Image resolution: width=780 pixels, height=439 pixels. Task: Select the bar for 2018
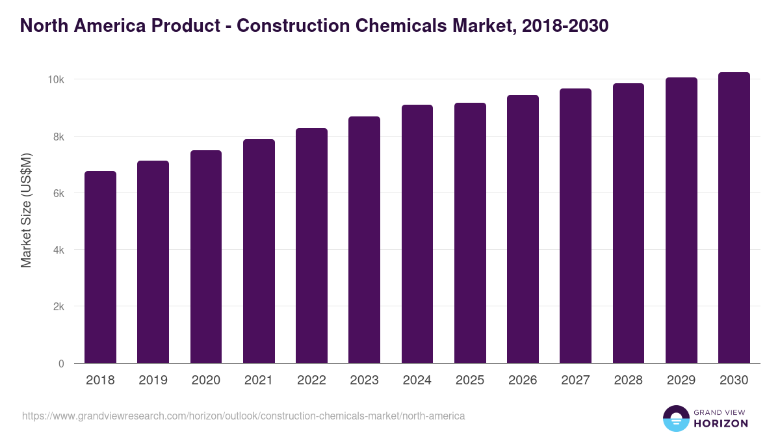[x=100, y=267]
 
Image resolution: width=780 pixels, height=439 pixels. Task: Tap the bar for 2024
[x=417, y=234]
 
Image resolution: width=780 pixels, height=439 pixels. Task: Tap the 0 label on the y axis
[x=61, y=364]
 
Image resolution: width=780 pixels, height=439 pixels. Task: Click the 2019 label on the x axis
[x=153, y=380]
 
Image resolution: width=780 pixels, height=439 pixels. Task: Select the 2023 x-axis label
[x=364, y=380]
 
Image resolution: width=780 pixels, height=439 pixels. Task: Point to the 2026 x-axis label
[x=523, y=380]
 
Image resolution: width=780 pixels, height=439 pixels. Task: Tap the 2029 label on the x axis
[x=681, y=380]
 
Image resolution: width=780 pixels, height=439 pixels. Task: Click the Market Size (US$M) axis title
[x=26, y=210]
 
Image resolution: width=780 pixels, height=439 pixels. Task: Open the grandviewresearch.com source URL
[x=244, y=416]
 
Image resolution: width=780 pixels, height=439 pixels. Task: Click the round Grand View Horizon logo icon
[x=675, y=418]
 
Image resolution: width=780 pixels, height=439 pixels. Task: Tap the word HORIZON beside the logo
[x=720, y=423]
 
